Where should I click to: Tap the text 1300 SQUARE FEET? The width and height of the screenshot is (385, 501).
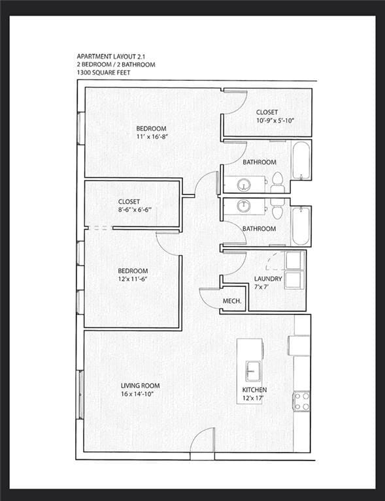tap(104, 72)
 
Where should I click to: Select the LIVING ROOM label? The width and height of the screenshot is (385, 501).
tap(141, 386)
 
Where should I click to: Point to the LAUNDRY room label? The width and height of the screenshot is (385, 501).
tap(268, 279)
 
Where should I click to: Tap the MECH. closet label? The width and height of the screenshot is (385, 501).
tap(232, 301)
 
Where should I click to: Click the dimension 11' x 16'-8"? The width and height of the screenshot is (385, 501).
tap(151, 137)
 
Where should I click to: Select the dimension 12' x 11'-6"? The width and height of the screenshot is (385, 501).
tap(133, 279)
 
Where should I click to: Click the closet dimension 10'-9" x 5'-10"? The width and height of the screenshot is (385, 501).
tap(267, 121)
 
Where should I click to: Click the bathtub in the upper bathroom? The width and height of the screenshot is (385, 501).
tap(301, 160)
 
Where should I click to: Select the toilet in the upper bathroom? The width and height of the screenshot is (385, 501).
tap(277, 182)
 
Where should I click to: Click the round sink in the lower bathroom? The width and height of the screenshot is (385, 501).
tap(244, 205)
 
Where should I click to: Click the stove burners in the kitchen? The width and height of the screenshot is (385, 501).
tap(301, 401)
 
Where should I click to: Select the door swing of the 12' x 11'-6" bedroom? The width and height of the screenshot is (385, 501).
tap(169, 243)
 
